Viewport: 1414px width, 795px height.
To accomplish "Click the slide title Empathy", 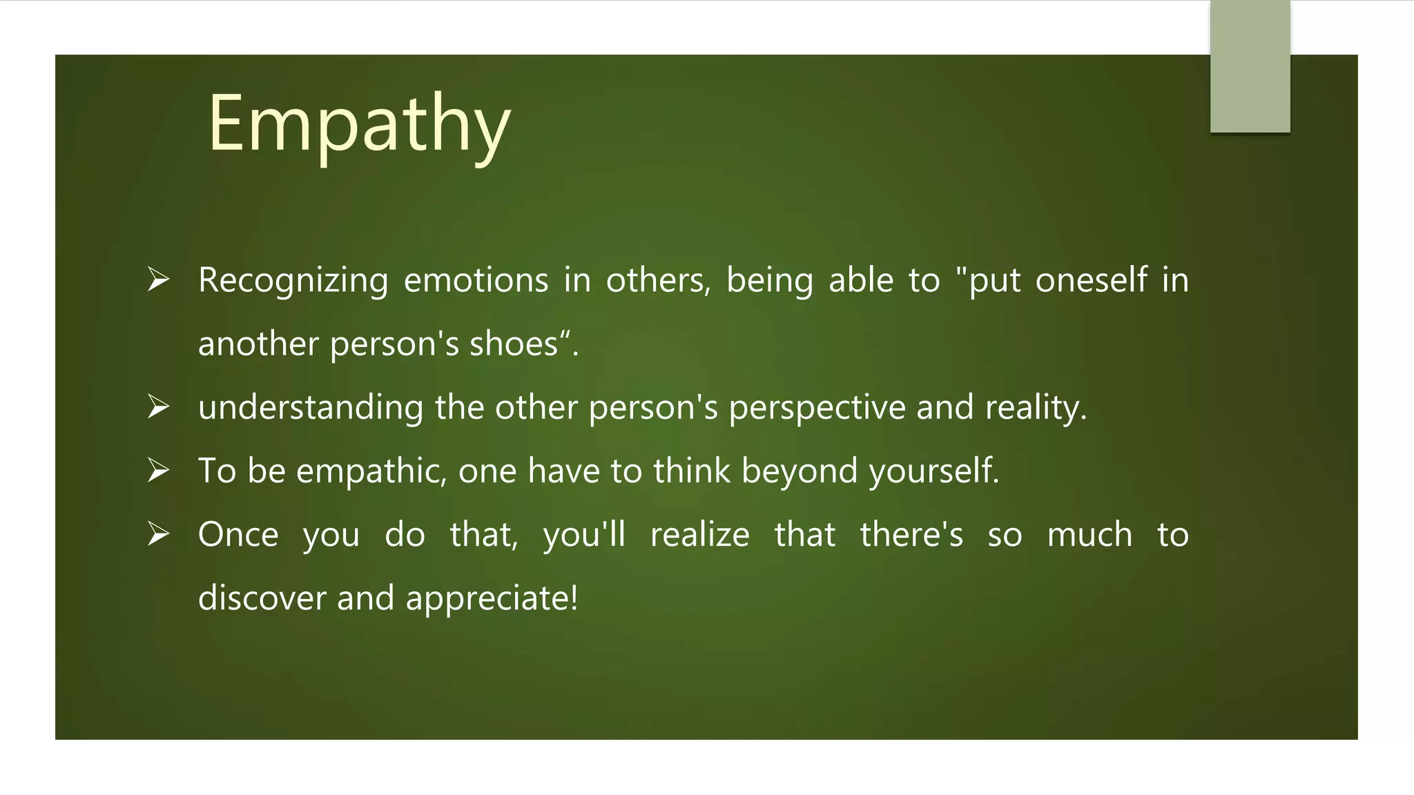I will click(359, 124).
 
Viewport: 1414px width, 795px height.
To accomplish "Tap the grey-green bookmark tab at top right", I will click(1250, 66).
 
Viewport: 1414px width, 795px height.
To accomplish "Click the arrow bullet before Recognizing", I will click(158, 279).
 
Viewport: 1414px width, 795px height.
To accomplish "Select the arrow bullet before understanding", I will click(158, 406).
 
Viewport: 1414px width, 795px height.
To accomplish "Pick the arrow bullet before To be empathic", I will click(158, 470).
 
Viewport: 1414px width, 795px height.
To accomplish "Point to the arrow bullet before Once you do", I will click(158, 533).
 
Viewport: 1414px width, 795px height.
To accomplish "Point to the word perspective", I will click(817, 408).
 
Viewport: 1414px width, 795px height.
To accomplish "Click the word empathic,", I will click(371, 471).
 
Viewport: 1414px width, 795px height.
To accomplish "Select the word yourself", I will click(933, 471).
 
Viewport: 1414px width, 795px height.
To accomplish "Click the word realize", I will click(699, 535).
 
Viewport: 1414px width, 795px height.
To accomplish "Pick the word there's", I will click(911, 535).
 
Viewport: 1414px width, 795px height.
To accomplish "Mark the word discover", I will click(262, 598).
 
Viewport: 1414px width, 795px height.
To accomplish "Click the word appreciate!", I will click(492, 598).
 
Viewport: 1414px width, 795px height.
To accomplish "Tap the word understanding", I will click(310, 408).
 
